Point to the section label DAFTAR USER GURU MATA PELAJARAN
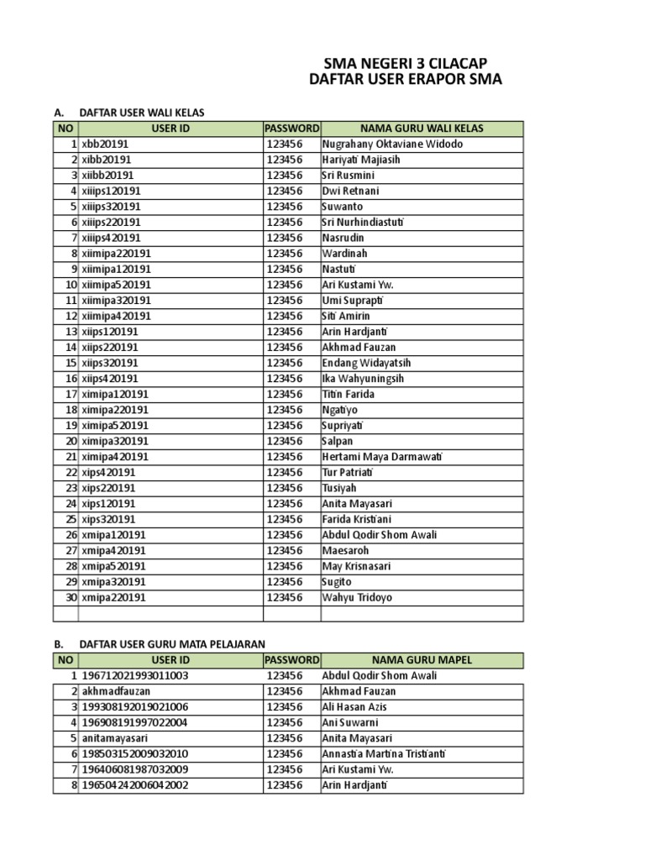[171, 644]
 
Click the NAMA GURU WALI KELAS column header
[422, 128]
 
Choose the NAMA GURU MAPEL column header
[422, 660]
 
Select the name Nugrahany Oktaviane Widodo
[392, 144]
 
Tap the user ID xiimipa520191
[117, 285]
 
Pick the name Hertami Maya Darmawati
[382, 457]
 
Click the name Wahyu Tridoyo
[357, 598]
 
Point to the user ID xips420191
[109, 473]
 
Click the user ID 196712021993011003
[135, 676]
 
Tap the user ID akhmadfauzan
[116, 691]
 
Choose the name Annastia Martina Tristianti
[384, 754]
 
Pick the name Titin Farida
[348, 394]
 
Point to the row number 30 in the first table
[71, 598]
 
